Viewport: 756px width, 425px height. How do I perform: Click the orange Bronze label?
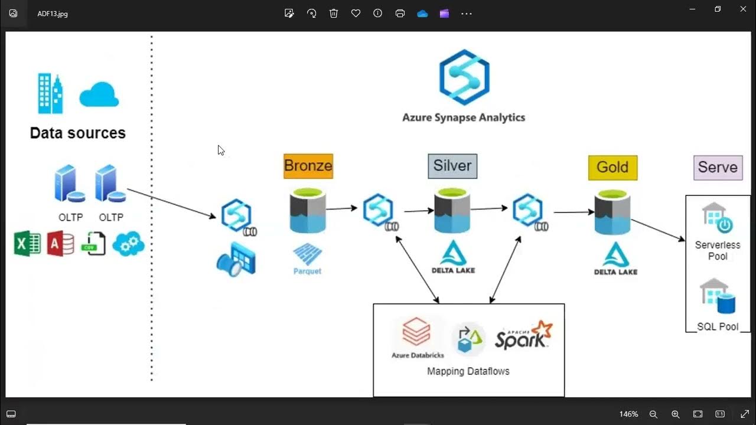click(x=308, y=166)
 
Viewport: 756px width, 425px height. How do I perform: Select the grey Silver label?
click(x=452, y=166)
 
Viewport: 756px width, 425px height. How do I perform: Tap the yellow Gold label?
click(x=612, y=168)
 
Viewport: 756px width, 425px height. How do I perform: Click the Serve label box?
click(x=718, y=167)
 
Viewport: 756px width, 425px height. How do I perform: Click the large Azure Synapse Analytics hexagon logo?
click(x=464, y=77)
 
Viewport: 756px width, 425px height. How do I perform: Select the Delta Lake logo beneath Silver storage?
click(x=454, y=256)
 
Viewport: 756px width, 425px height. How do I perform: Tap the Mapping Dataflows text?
click(x=468, y=371)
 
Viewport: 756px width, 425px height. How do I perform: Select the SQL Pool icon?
click(x=717, y=296)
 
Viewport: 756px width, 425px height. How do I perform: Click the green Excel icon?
click(x=27, y=243)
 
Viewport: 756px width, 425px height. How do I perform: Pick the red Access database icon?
click(x=60, y=243)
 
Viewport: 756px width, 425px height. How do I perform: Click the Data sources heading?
click(x=78, y=133)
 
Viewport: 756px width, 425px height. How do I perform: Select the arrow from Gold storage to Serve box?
click(x=658, y=230)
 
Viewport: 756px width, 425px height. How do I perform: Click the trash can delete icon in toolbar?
click(x=334, y=13)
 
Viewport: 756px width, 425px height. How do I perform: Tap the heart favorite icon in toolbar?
click(x=356, y=13)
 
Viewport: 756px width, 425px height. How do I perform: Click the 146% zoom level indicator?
click(x=628, y=414)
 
